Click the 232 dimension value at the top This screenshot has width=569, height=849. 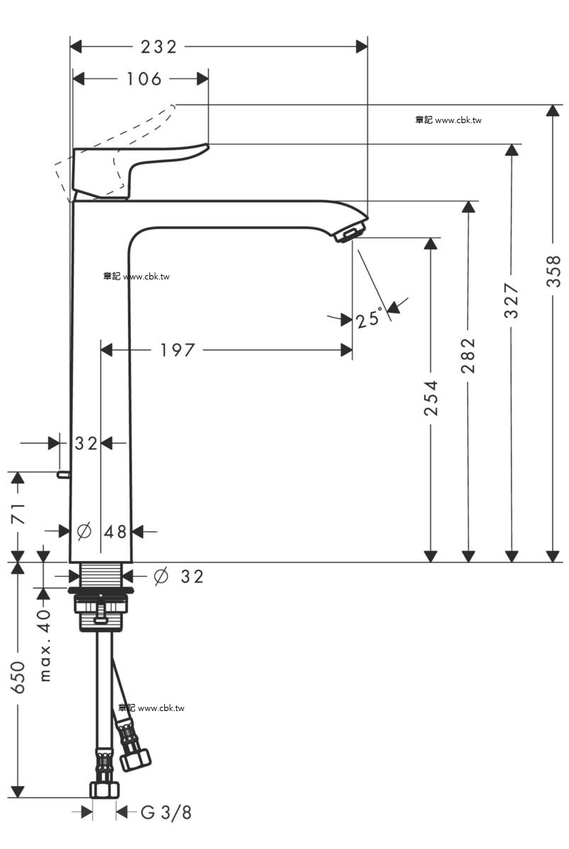159,47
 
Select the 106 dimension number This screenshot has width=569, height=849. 144,79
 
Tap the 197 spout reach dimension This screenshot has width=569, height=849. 178,350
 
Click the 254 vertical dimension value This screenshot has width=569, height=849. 431,398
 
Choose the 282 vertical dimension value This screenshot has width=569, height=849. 469,355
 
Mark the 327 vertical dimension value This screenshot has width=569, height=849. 512,300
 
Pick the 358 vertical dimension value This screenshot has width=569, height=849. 553,272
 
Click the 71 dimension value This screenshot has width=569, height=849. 18,514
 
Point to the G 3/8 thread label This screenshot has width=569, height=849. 166,812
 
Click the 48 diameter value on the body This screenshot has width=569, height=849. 115,532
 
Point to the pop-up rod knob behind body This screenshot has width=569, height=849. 63,474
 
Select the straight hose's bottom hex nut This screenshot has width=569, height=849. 104,790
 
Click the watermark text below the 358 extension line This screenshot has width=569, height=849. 449,120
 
